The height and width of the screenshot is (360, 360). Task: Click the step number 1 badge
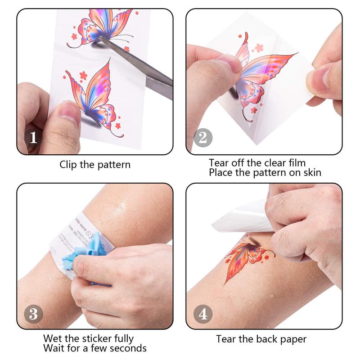(x=33, y=137)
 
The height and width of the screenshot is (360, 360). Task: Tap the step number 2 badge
(x=203, y=137)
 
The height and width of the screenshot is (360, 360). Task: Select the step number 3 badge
(x=33, y=313)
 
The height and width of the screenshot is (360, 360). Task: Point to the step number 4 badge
(x=203, y=313)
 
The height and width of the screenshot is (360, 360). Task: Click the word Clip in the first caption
(x=68, y=165)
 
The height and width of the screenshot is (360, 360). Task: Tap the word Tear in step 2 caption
(x=219, y=162)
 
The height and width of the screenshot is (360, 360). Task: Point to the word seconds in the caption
(x=128, y=348)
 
